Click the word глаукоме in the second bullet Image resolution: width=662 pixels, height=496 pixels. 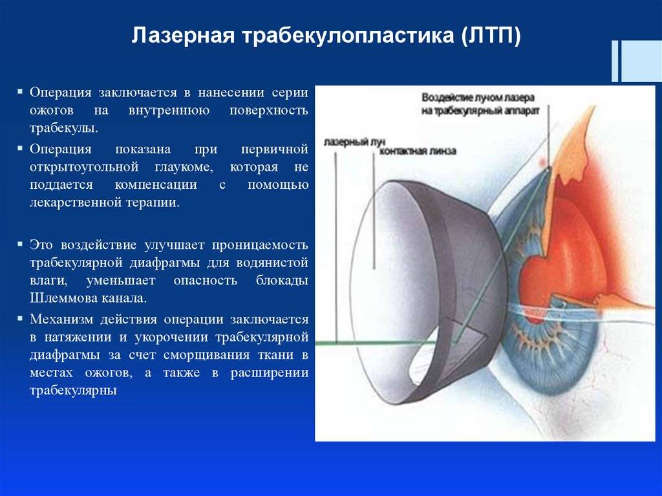184,167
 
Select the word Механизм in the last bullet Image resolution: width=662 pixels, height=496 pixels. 61,319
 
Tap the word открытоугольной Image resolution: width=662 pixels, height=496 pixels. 84,167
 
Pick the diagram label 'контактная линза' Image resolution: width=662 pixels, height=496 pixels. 418,151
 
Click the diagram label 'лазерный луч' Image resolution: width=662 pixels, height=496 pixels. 354,143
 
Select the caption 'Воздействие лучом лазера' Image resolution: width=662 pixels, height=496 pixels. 478,98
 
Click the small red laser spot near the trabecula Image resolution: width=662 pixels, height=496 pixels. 542,162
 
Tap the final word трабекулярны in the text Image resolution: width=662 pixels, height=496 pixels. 73,390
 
